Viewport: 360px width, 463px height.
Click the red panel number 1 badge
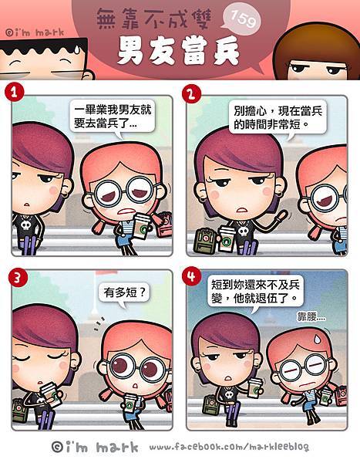pos(14,92)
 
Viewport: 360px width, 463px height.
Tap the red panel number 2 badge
pos(191,94)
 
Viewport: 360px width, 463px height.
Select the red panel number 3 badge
pos(18,278)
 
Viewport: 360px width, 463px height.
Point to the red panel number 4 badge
pos(191,276)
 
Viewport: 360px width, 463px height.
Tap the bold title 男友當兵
pos(178,50)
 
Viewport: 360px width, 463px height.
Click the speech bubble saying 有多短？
pos(124,295)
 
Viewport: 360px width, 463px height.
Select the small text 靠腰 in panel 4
pos(311,317)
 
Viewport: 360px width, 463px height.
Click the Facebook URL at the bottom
pos(229,448)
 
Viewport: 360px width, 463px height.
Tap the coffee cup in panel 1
pos(143,226)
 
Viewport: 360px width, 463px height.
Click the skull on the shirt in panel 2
pos(244,231)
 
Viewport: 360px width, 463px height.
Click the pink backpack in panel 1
pos(163,226)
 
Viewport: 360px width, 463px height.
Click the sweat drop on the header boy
pos(77,49)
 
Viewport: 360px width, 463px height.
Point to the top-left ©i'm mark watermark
pos(35,32)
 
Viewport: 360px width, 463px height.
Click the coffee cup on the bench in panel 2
pos(227,238)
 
